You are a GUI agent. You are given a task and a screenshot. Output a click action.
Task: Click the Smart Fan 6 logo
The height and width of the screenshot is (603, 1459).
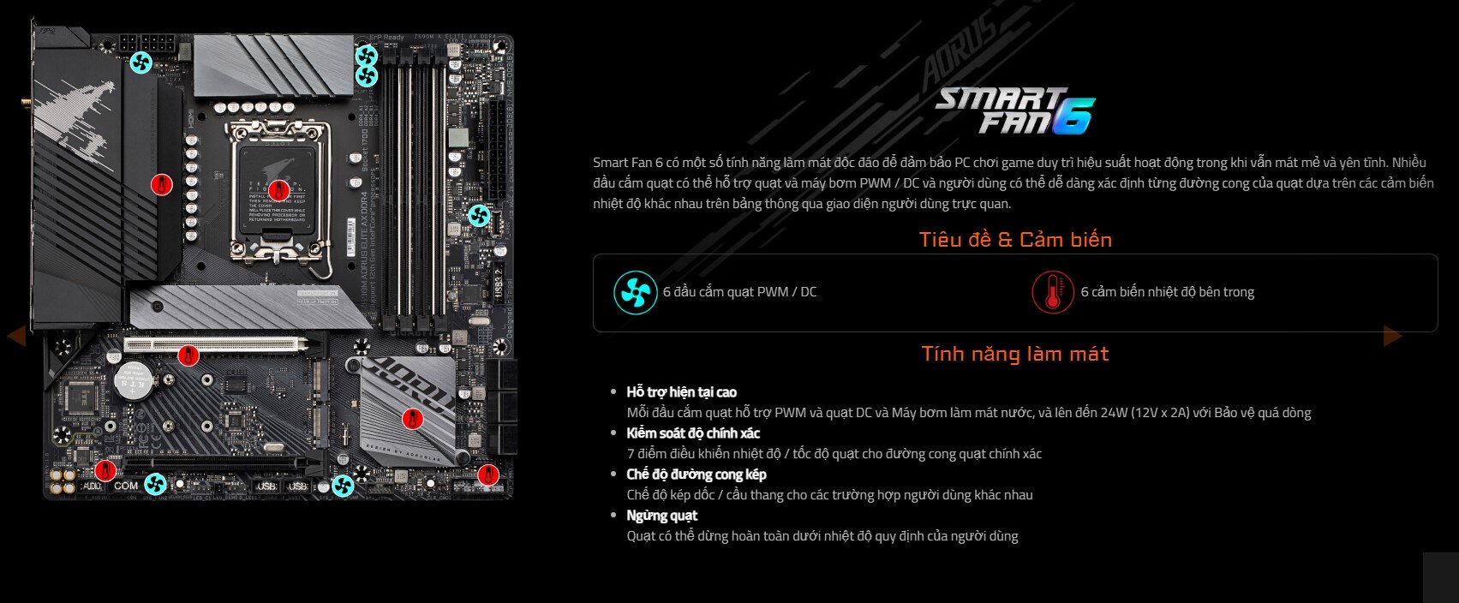point(1014,111)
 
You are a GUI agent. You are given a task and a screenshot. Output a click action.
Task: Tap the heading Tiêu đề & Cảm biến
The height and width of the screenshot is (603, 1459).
point(1015,240)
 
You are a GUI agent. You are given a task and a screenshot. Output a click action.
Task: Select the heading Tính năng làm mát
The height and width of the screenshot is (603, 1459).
point(1015,354)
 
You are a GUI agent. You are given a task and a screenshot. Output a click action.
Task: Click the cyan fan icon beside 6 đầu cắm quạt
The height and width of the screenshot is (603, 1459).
point(636,292)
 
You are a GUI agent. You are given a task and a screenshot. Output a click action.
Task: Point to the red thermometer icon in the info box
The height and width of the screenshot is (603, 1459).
point(1052,292)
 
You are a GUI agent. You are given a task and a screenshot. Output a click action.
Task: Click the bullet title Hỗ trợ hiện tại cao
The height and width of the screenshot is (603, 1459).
point(681,392)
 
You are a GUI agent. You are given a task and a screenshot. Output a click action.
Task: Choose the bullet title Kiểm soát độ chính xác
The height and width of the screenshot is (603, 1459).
point(693,433)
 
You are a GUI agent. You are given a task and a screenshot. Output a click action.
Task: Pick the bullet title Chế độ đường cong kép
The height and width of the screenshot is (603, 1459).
point(696,475)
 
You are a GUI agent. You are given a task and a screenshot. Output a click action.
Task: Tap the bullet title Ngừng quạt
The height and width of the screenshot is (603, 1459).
point(661,516)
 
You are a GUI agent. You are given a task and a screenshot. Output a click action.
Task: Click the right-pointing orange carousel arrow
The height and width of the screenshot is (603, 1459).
point(1392,336)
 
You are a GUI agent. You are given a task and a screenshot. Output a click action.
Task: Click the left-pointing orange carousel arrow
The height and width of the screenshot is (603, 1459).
point(16,336)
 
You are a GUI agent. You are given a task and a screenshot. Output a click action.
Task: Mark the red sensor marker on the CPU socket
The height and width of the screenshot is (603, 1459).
point(276,190)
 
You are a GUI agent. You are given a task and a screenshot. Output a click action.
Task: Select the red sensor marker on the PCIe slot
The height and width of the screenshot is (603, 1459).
point(188,355)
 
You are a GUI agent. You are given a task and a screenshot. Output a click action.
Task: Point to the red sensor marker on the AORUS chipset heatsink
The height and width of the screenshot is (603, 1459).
point(413,419)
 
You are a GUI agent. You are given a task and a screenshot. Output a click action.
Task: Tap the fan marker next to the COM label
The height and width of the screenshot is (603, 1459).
point(155,485)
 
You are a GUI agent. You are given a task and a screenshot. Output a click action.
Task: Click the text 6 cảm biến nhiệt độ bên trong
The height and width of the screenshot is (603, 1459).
point(1167,292)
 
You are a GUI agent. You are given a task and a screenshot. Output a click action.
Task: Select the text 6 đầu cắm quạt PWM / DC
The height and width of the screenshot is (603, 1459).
point(739,292)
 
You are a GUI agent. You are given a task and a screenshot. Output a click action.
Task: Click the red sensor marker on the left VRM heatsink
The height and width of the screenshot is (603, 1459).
point(161,184)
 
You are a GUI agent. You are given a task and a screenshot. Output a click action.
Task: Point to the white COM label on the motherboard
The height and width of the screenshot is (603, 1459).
point(125,486)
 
